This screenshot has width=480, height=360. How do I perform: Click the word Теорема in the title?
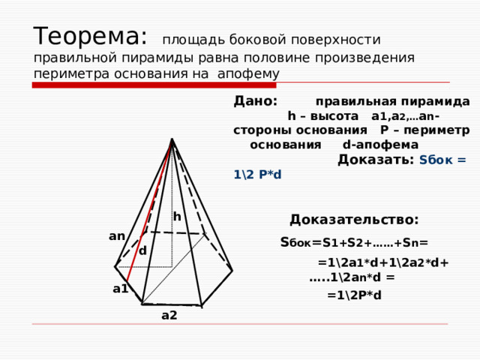tap(87, 36)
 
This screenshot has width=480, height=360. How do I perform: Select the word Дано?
tap(253, 100)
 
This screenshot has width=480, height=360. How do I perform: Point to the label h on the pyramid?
tap(177, 217)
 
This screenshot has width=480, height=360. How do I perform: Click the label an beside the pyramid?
tap(117, 236)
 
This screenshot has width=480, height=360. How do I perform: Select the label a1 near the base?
tap(120, 289)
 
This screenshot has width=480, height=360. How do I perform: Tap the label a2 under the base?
tap(169, 315)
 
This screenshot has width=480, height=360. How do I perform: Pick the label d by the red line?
tap(143, 251)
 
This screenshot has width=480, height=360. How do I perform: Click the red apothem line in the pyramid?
tap(149, 210)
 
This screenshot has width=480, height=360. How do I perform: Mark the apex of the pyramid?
tap(172, 139)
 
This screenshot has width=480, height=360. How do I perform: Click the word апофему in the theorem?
tap(248, 74)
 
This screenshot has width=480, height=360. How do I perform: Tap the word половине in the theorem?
tap(277, 58)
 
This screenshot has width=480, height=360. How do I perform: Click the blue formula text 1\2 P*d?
tap(257, 175)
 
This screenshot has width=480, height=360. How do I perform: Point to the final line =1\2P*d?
tap(354, 295)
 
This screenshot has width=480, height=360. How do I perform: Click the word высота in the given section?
tap(334, 116)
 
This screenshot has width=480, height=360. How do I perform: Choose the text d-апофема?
tap(380, 145)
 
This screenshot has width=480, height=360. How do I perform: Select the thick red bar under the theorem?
tap(154, 85)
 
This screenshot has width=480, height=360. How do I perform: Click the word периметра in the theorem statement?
tap(71, 74)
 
